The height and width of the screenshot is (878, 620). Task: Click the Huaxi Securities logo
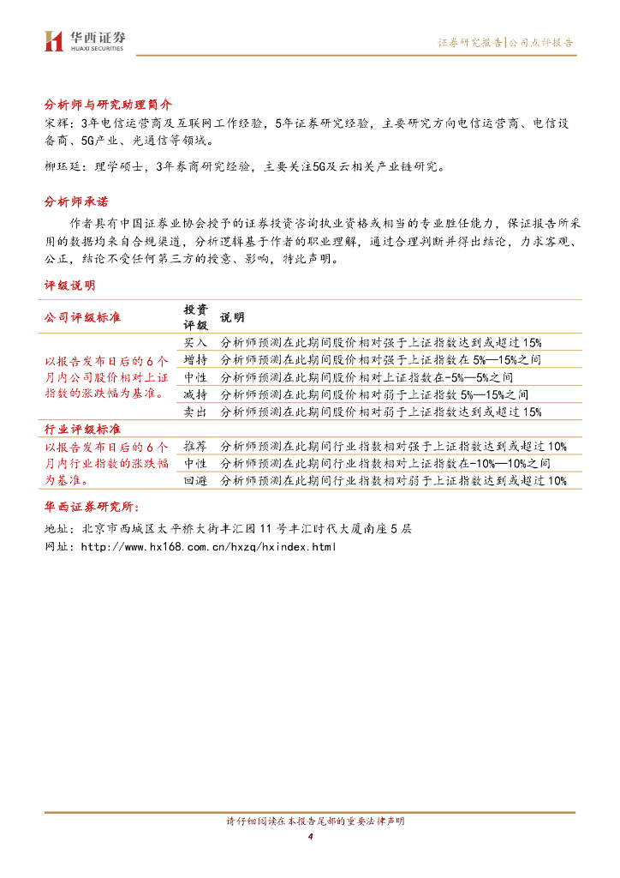[x=84, y=40]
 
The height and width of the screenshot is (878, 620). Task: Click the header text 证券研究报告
[x=470, y=42]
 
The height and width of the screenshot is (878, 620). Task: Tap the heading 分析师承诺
[x=77, y=201]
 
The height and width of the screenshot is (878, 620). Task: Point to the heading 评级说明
[x=70, y=285]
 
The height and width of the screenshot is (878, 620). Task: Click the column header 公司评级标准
[x=82, y=317]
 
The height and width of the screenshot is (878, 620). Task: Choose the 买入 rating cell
[x=195, y=342]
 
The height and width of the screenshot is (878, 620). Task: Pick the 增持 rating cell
[x=195, y=359]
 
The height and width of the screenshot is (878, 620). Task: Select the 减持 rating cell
[x=195, y=394]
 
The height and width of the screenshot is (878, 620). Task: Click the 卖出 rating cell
[x=195, y=412]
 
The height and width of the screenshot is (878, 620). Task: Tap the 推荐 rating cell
[x=195, y=446]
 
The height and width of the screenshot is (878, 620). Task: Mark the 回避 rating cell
[x=195, y=481]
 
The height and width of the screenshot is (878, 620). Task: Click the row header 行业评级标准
[x=82, y=429]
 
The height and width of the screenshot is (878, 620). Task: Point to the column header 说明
[x=232, y=317]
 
